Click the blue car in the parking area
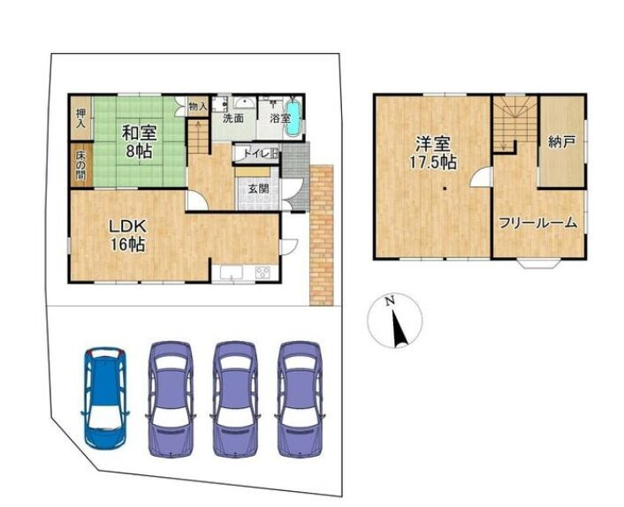point(105,398)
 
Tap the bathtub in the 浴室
point(293,117)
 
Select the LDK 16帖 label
point(128,236)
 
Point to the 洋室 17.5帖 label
point(435,153)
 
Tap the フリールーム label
point(538,223)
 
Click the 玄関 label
point(259,189)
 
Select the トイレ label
point(254,154)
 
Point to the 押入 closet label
point(80,118)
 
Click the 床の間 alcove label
point(80,163)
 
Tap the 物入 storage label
point(197,106)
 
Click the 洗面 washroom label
point(233,118)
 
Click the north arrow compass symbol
point(395,321)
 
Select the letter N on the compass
point(390,301)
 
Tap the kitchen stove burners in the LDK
point(263,272)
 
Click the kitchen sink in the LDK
point(231,273)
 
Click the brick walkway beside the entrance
point(321,235)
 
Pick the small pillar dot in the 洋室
point(445,189)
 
